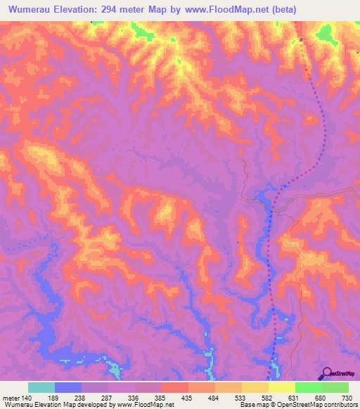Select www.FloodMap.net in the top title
point(229,10)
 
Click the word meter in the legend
point(11,397)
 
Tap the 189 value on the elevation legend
point(56,397)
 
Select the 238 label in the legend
point(82,397)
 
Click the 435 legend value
point(188,397)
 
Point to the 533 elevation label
point(241,397)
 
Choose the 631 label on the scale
point(295,397)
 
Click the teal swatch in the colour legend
point(41,387)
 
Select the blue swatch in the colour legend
point(68,387)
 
